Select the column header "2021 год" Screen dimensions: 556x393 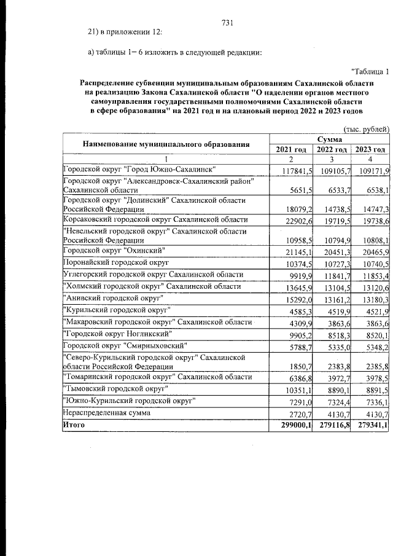click(291, 150)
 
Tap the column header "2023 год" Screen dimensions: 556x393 click(370, 150)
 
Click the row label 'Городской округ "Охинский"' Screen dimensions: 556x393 click(111, 250)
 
